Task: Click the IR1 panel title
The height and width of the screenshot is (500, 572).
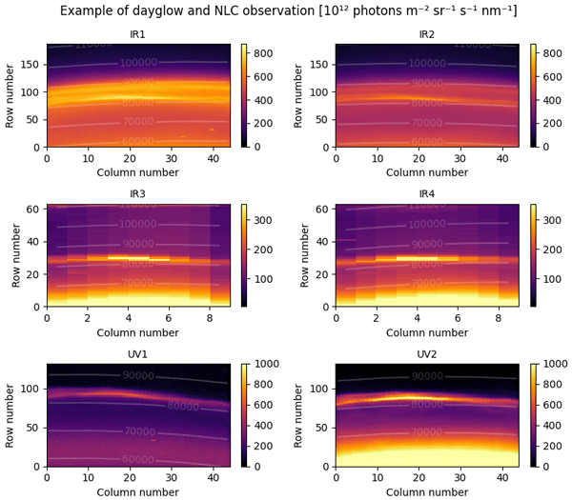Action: (x=138, y=35)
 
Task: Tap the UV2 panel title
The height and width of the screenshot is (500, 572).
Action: (x=427, y=355)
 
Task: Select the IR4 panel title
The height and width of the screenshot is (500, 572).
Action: (x=427, y=195)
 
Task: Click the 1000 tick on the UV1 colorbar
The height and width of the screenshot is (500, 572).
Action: (x=266, y=364)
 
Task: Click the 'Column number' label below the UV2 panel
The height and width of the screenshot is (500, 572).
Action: (x=427, y=491)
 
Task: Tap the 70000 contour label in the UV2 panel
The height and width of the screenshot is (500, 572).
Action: (x=427, y=432)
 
